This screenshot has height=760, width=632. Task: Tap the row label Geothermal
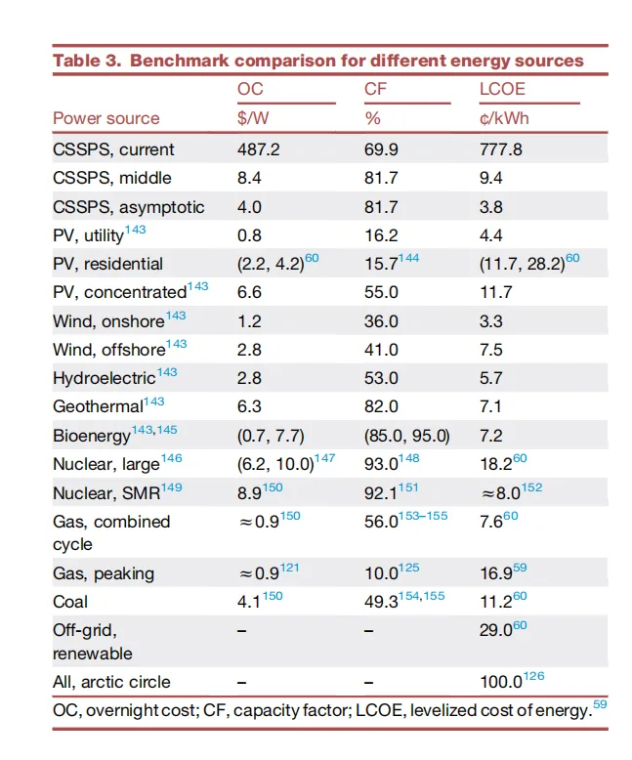98,405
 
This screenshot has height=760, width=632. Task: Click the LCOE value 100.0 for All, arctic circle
498,682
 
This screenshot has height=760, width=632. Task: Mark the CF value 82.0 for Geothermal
381,405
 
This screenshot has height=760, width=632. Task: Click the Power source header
105,118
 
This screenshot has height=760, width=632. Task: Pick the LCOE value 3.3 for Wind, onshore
490,320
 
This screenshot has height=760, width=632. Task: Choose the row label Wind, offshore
108,349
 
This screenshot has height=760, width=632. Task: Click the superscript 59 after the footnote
599,705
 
